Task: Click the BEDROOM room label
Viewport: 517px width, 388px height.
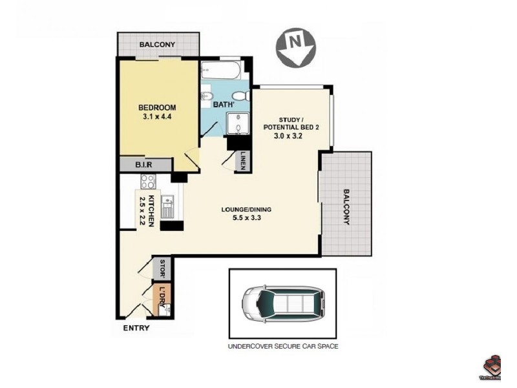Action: (x=157, y=107)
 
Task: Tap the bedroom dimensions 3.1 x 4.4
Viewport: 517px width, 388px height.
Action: (x=157, y=117)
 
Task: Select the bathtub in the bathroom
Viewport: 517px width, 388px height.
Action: (x=220, y=70)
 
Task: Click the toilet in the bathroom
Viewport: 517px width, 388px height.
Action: (x=209, y=98)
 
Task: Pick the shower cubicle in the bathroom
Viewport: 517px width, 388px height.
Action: (x=237, y=123)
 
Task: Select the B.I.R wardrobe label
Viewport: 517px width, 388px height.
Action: (x=143, y=166)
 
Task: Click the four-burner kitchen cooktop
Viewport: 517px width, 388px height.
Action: (x=148, y=181)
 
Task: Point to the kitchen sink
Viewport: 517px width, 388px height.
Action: (x=166, y=206)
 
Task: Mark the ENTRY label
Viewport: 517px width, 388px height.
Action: (x=136, y=329)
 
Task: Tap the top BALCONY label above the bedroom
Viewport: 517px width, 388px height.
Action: (x=157, y=45)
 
